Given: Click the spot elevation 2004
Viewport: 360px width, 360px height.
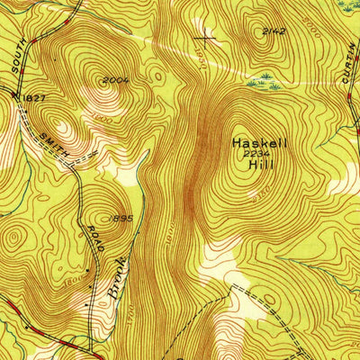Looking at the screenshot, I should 112,81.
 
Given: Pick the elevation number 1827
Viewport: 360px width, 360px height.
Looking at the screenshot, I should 33,95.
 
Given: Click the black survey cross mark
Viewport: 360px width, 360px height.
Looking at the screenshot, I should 206,37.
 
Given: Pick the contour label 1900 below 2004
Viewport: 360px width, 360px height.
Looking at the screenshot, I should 102,118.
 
